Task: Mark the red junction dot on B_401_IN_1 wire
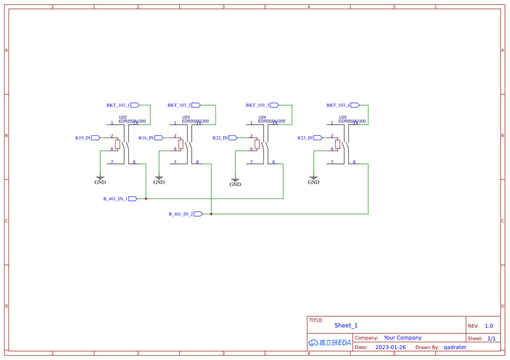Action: [146, 199]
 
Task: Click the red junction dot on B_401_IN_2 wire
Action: [211, 214]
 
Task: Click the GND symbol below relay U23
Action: [159, 180]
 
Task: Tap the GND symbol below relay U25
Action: [314, 180]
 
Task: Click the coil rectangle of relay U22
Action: [118, 144]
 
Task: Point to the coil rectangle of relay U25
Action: [338, 144]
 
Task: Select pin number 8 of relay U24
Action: [274, 162]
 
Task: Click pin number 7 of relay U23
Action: [175, 162]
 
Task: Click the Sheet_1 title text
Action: [346, 326]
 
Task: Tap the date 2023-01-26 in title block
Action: [390, 347]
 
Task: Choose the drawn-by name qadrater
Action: [455, 347]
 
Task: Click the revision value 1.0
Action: [489, 326]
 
